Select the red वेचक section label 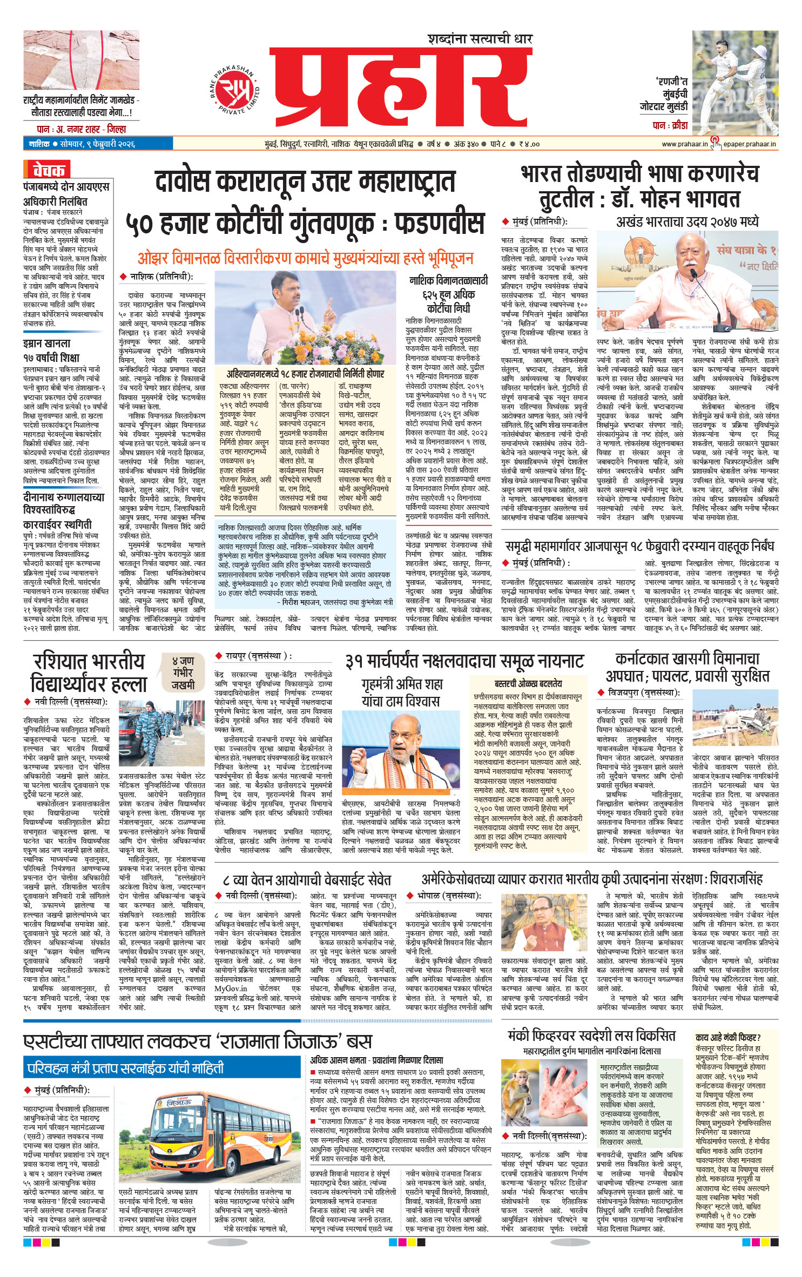click(47, 170)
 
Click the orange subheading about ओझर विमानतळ click(305, 258)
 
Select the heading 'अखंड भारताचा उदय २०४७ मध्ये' click(687, 221)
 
